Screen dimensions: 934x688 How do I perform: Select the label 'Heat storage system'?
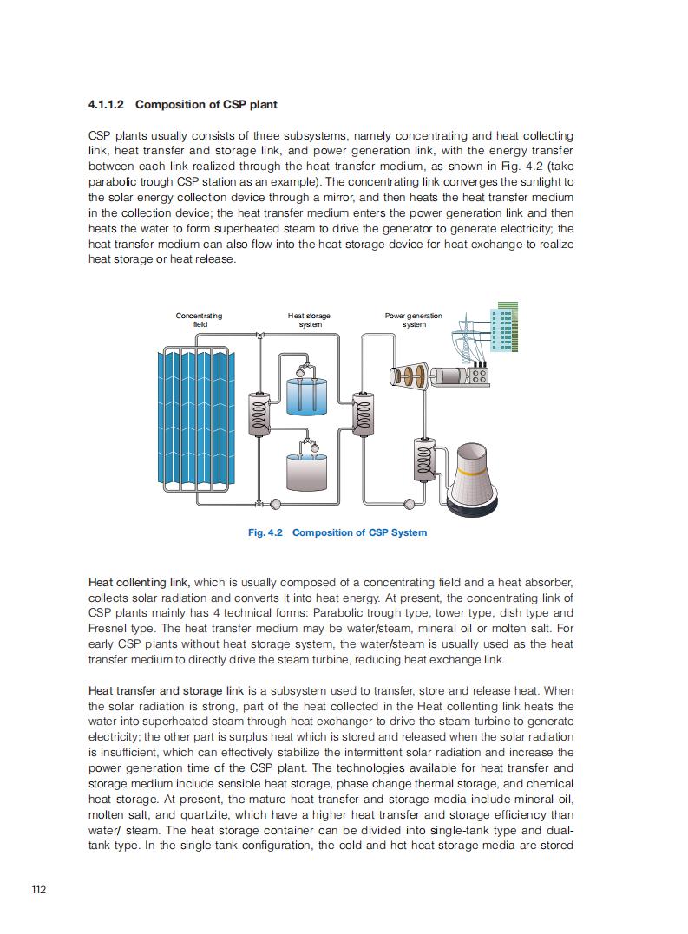[309, 320]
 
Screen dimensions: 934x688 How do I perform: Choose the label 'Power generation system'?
[414, 320]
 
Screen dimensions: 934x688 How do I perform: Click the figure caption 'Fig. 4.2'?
[265, 532]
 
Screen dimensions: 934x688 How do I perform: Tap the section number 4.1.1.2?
[107, 105]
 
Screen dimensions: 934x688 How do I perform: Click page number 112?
[38, 890]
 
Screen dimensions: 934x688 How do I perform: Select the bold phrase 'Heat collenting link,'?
[139, 582]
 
